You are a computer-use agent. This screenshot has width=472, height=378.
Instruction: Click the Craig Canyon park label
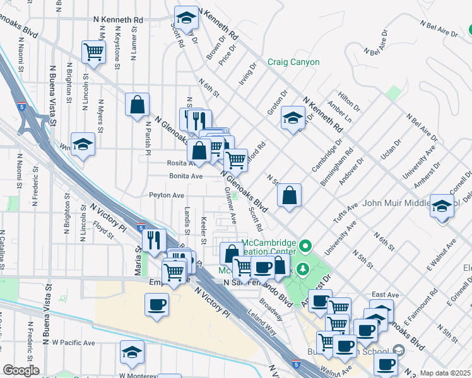click(293, 62)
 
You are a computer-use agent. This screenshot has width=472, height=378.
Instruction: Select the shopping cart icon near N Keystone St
click(93, 53)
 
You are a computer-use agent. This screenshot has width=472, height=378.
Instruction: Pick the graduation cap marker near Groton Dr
click(293, 118)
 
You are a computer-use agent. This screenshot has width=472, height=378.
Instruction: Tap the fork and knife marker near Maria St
click(153, 240)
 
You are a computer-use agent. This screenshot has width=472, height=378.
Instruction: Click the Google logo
click(21, 370)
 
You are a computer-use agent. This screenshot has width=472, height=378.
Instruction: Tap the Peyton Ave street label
click(167, 196)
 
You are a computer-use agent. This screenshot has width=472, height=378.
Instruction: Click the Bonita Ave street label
click(184, 176)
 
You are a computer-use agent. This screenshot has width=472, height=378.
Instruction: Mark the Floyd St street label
click(102, 230)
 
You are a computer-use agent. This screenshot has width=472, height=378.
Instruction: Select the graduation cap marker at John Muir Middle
click(442, 205)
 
